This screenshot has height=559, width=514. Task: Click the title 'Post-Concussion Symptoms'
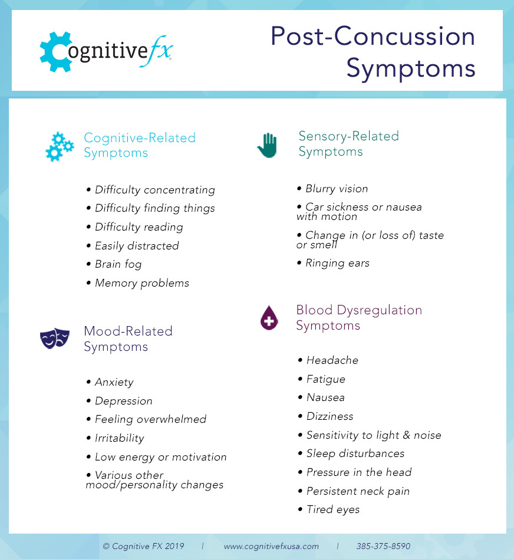point(373,52)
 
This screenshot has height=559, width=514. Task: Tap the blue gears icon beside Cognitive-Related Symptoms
point(60,146)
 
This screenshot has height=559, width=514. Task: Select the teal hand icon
point(267,144)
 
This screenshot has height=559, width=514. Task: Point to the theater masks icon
point(55,338)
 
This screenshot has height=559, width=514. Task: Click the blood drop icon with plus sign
point(269,318)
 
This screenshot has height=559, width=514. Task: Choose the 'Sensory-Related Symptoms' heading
point(348,144)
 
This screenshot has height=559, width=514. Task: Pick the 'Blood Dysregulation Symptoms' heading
point(359,318)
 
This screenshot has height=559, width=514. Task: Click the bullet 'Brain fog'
point(118,264)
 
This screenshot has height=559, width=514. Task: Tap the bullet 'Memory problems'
point(141,283)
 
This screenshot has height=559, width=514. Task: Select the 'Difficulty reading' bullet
point(139,227)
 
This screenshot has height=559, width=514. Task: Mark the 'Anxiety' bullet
point(114,382)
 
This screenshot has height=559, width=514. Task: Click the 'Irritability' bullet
point(119,438)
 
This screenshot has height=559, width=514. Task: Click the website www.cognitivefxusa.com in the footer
point(271,546)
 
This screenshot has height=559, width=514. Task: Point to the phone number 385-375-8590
point(383,546)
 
